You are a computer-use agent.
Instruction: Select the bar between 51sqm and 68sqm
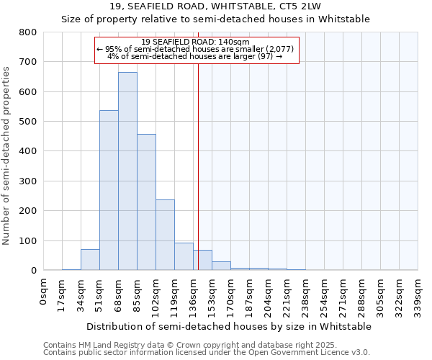[109, 190]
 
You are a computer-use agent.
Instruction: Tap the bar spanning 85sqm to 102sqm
[146, 202]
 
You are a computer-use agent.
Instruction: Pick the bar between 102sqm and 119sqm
[165, 235]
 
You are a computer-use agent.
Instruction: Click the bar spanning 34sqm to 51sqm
[90, 260]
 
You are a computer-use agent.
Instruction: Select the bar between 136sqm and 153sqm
[202, 260]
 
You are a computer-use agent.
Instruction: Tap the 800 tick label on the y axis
[27, 32]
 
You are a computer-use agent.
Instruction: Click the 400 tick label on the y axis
[27, 151]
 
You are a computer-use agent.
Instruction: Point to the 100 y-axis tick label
[27, 240]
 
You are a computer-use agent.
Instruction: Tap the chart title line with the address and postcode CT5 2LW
[215, 6]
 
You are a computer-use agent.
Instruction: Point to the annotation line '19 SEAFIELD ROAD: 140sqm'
[196, 42]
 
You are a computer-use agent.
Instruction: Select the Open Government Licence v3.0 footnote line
[207, 352]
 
